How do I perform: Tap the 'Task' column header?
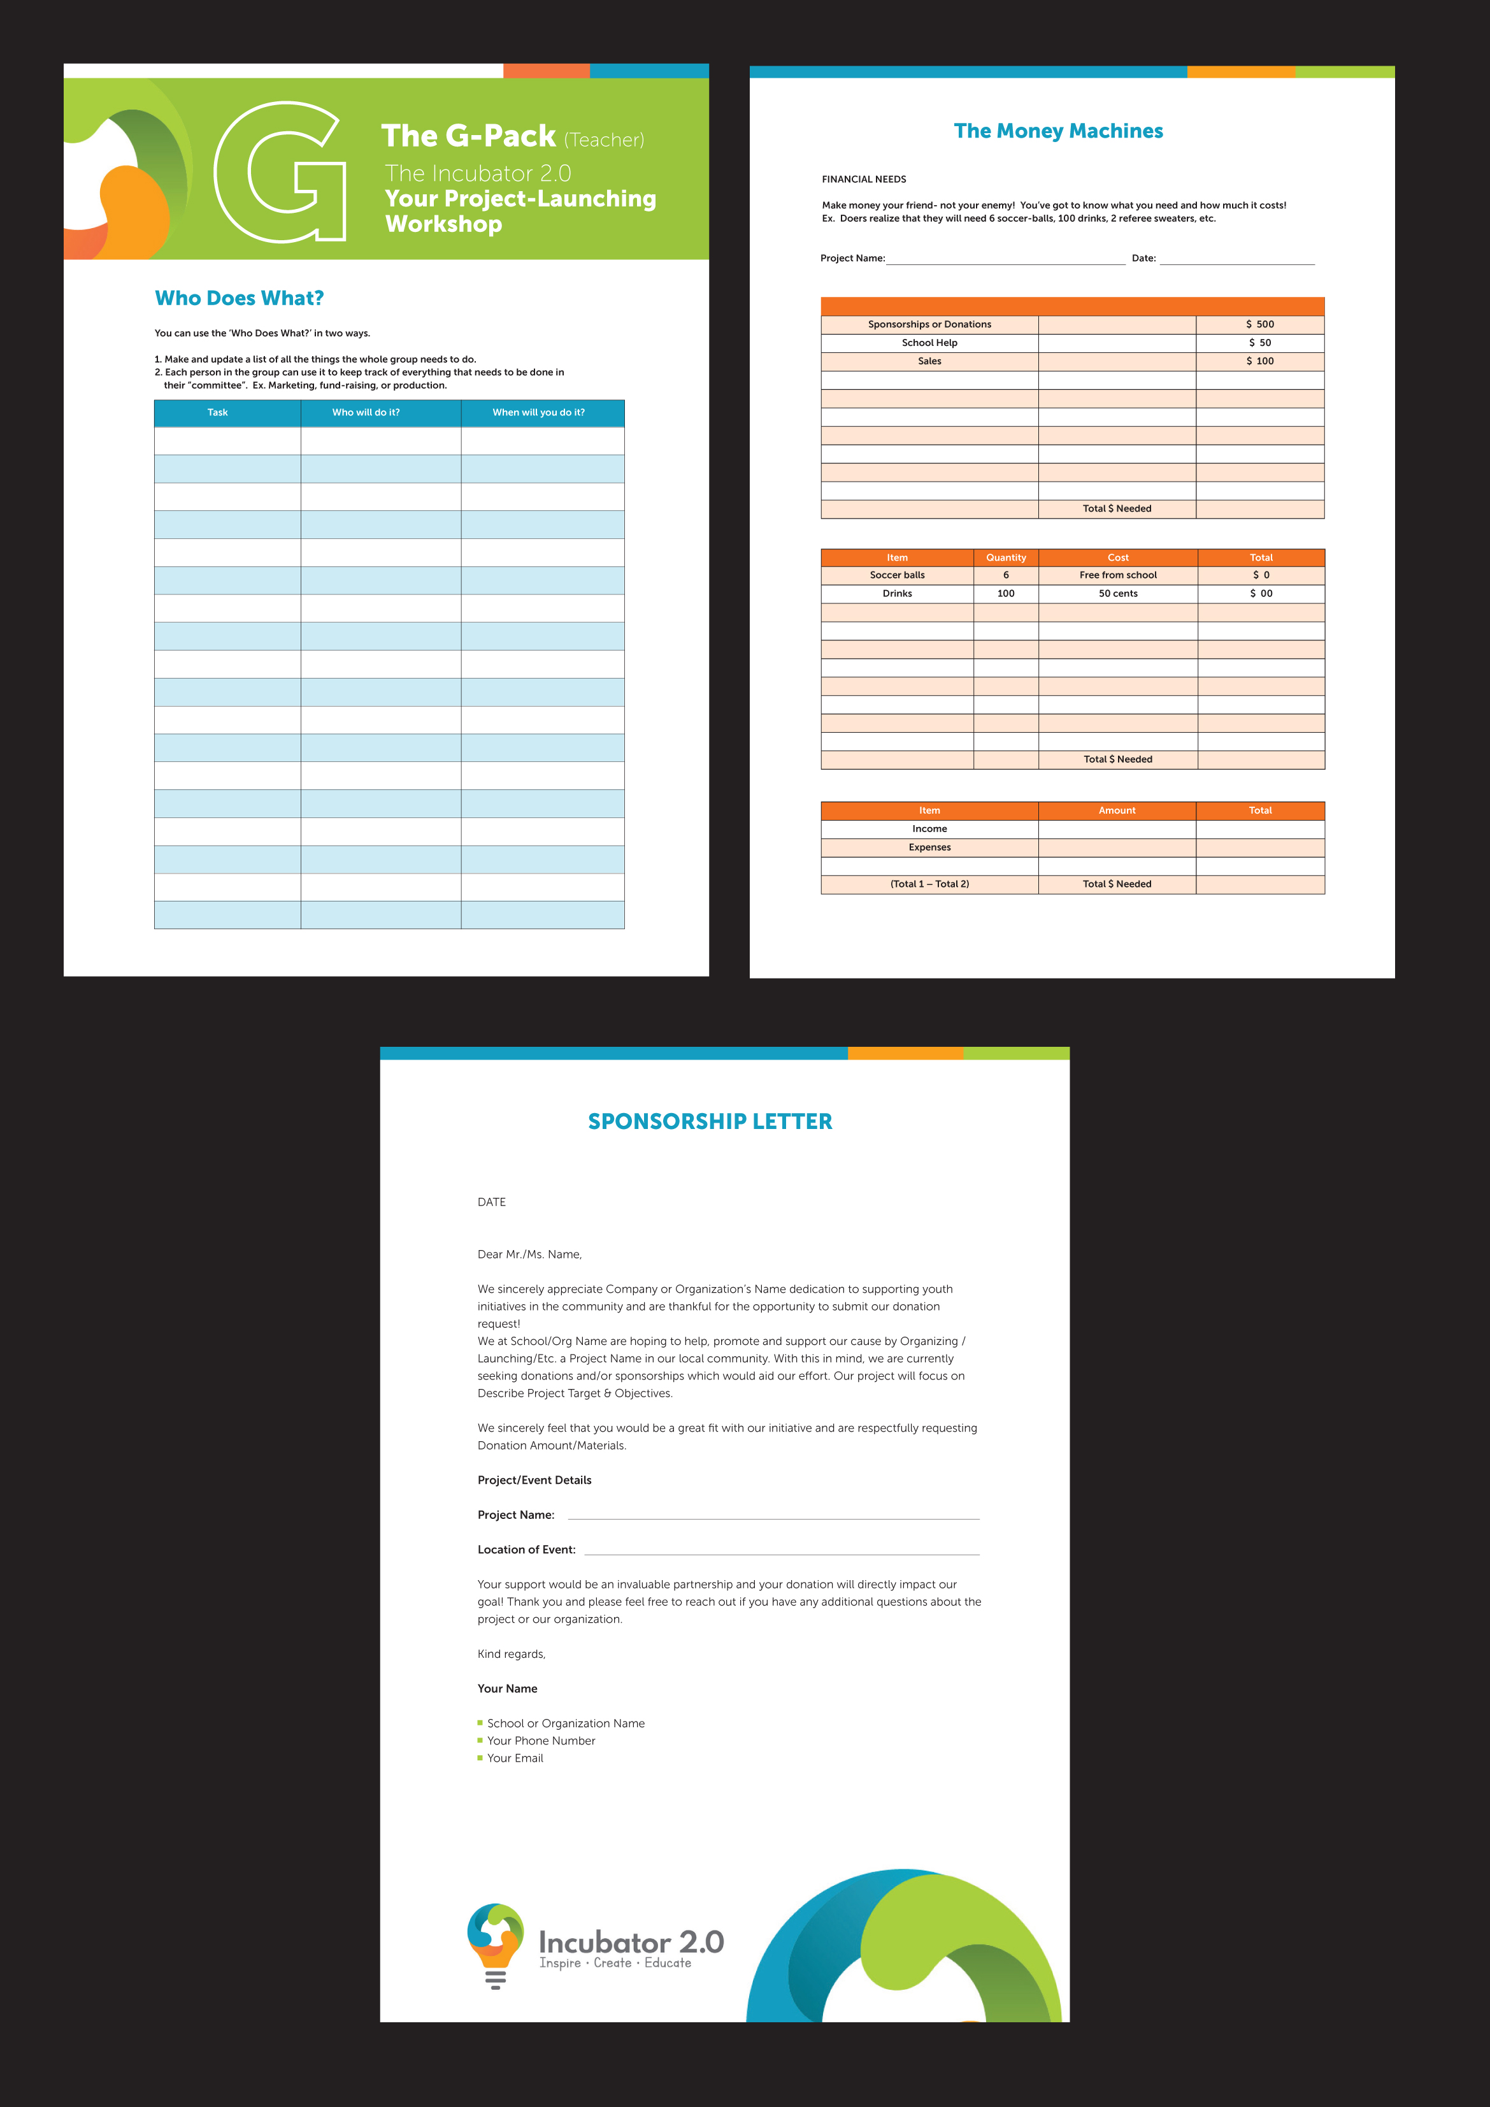click(x=217, y=413)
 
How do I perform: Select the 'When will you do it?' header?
click(x=538, y=413)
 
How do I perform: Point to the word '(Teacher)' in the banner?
click(x=604, y=140)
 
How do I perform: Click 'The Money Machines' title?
click(x=1058, y=131)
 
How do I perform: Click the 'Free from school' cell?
click(x=1117, y=575)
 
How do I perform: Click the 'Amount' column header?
click(x=1117, y=811)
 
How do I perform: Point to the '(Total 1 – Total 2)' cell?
click(x=929, y=884)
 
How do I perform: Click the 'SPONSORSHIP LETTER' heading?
click(x=710, y=1121)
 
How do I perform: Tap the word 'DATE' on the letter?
click(x=492, y=1202)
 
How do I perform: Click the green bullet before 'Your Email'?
click(x=480, y=1757)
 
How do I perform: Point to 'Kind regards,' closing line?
click(x=511, y=1655)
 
